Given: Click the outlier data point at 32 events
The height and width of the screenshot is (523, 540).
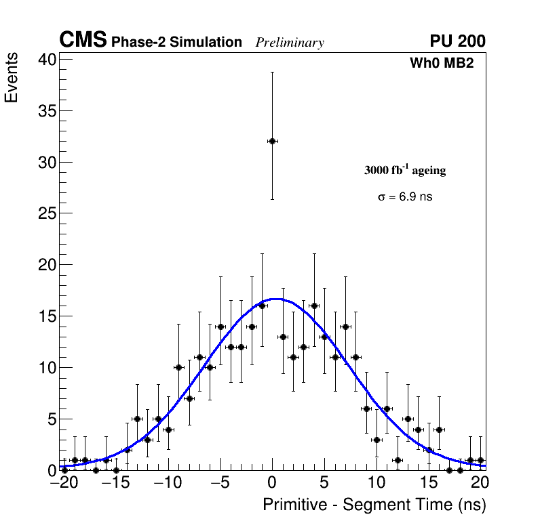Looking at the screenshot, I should coord(272,141).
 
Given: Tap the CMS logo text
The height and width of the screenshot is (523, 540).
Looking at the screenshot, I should coord(83,41).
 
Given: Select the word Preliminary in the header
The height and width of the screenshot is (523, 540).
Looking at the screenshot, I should coord(290,43).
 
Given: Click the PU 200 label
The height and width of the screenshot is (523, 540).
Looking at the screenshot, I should coord(457,41).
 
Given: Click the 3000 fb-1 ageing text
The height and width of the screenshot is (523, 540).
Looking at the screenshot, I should coord(405,170).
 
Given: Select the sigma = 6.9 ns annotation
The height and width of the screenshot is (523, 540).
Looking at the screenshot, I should coord(405,197).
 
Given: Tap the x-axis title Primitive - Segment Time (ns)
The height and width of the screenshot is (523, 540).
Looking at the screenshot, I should coord(374,505).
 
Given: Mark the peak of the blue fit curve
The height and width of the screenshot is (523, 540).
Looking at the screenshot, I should coord(275,298).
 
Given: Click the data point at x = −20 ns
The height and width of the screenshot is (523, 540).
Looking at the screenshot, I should coord(64,469).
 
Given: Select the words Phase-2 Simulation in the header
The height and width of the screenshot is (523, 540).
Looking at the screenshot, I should coord(176,42).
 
